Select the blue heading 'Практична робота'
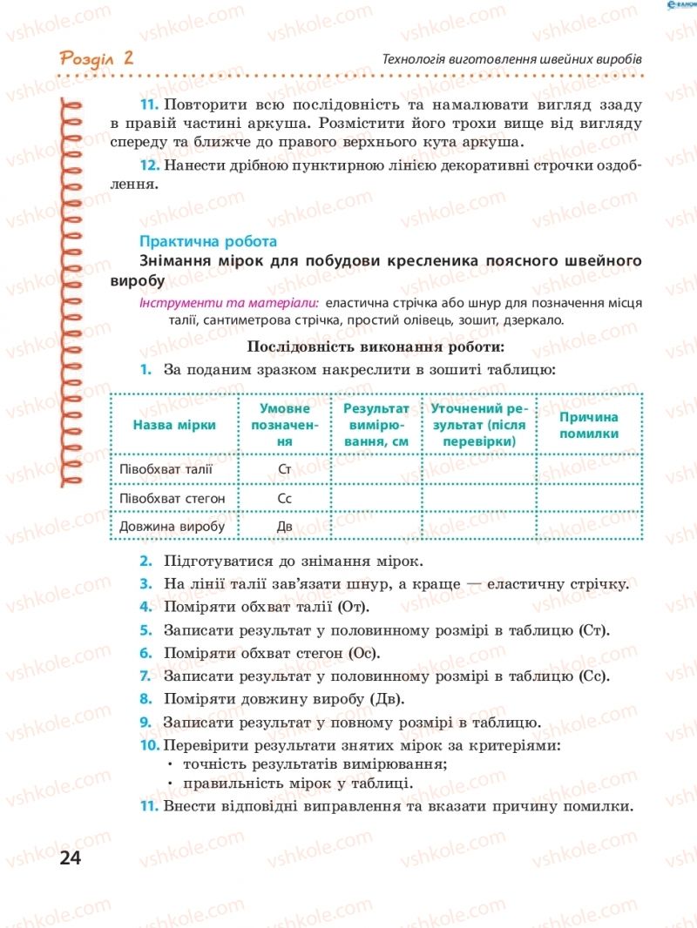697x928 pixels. pos(208,240)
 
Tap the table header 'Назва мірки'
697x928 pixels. pos(174,425)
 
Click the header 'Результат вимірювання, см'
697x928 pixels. pos(376,425)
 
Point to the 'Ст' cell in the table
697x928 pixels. pos(284,471)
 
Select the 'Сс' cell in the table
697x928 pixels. pos(284,499)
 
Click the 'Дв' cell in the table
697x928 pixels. pos(284,527)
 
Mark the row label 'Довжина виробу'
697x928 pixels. pos(173,527)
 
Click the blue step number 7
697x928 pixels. pos(145,676)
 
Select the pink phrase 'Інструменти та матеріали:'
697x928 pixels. pos(228,303)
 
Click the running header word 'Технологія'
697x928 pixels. pos(414,59)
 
